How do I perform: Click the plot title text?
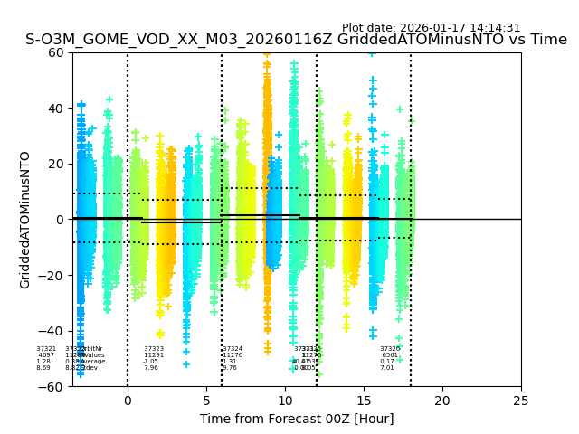click(x=296, y=40)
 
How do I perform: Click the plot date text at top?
click(x=431, y=28)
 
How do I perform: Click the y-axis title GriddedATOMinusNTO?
click(x=25, y=220)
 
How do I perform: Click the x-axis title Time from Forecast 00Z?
click(x=297, y=419)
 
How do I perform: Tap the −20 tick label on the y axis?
click(x=54, y=276)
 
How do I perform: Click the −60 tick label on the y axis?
click(x=54, y=387)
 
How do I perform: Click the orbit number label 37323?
click(x=154, y=349)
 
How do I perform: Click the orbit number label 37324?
click(x=233, y=349)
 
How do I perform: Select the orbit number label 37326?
click(x=390, y=349)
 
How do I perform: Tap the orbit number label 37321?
click(x=46, y=349)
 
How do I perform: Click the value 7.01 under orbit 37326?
click(x=387, y=368)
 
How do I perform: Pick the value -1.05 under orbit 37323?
click(x=150, y=362)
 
